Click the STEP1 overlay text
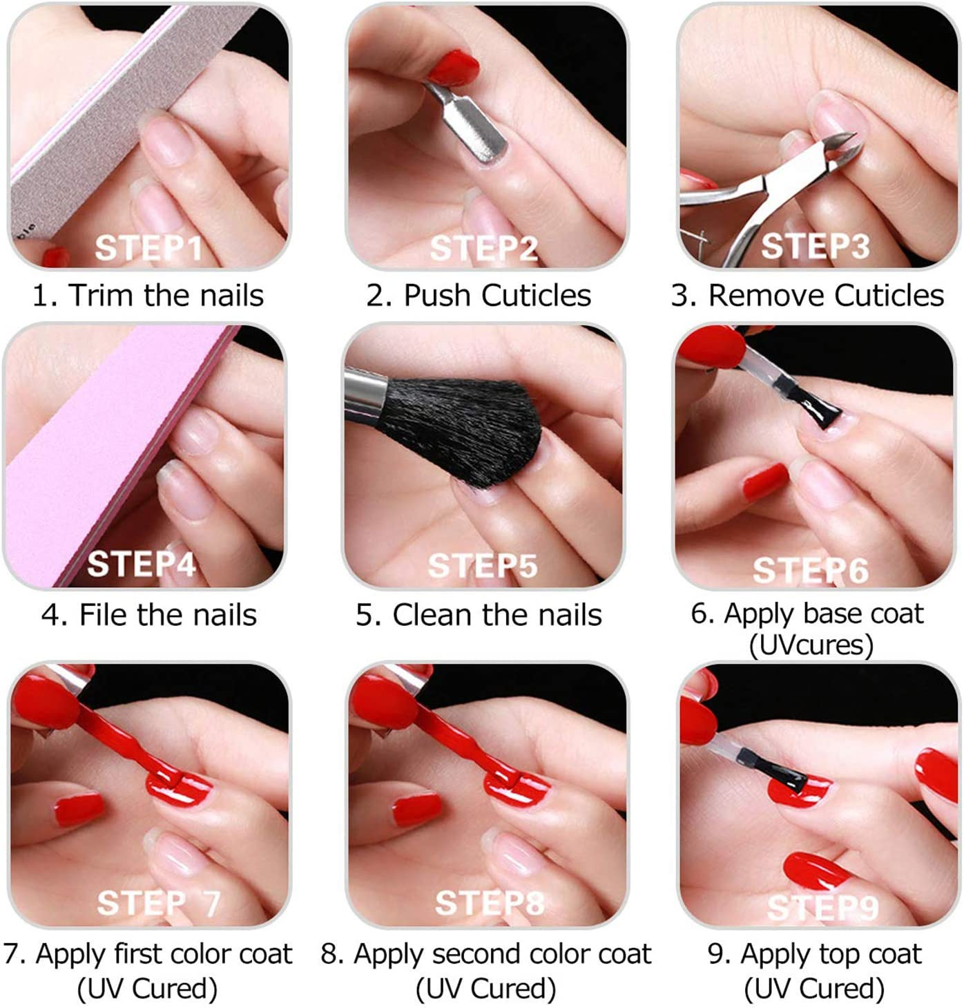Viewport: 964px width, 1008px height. (x=148, y=248)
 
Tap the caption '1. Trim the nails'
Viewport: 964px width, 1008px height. (x=148, y=296)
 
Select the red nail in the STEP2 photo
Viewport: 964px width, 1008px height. (x=452, y=68)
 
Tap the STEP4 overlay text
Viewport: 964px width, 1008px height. (x=142, y=564)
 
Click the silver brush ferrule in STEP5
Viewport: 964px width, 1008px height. (x=366, y=391)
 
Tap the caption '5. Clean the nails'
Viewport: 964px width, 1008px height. (x=479, y=615)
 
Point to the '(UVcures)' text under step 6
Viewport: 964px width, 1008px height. (x=811, y=645)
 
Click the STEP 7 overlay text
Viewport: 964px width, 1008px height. (x=158, y=902)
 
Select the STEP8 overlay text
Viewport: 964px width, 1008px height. (x=489, y=902)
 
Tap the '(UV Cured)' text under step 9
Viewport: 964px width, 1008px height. (x=814, y=989)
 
